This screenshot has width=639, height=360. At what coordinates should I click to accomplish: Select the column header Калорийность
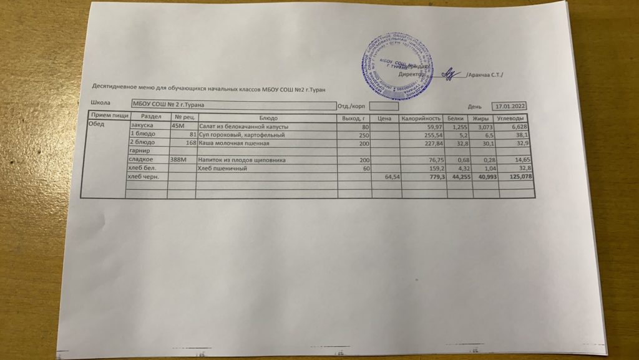421,119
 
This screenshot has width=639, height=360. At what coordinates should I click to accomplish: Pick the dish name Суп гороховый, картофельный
241,135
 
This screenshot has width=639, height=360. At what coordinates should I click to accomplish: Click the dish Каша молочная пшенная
233,144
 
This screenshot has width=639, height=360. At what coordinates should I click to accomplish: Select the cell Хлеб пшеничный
218,168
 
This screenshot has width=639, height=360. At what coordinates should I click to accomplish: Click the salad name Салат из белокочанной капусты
243,127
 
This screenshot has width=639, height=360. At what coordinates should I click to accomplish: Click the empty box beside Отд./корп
380,106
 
